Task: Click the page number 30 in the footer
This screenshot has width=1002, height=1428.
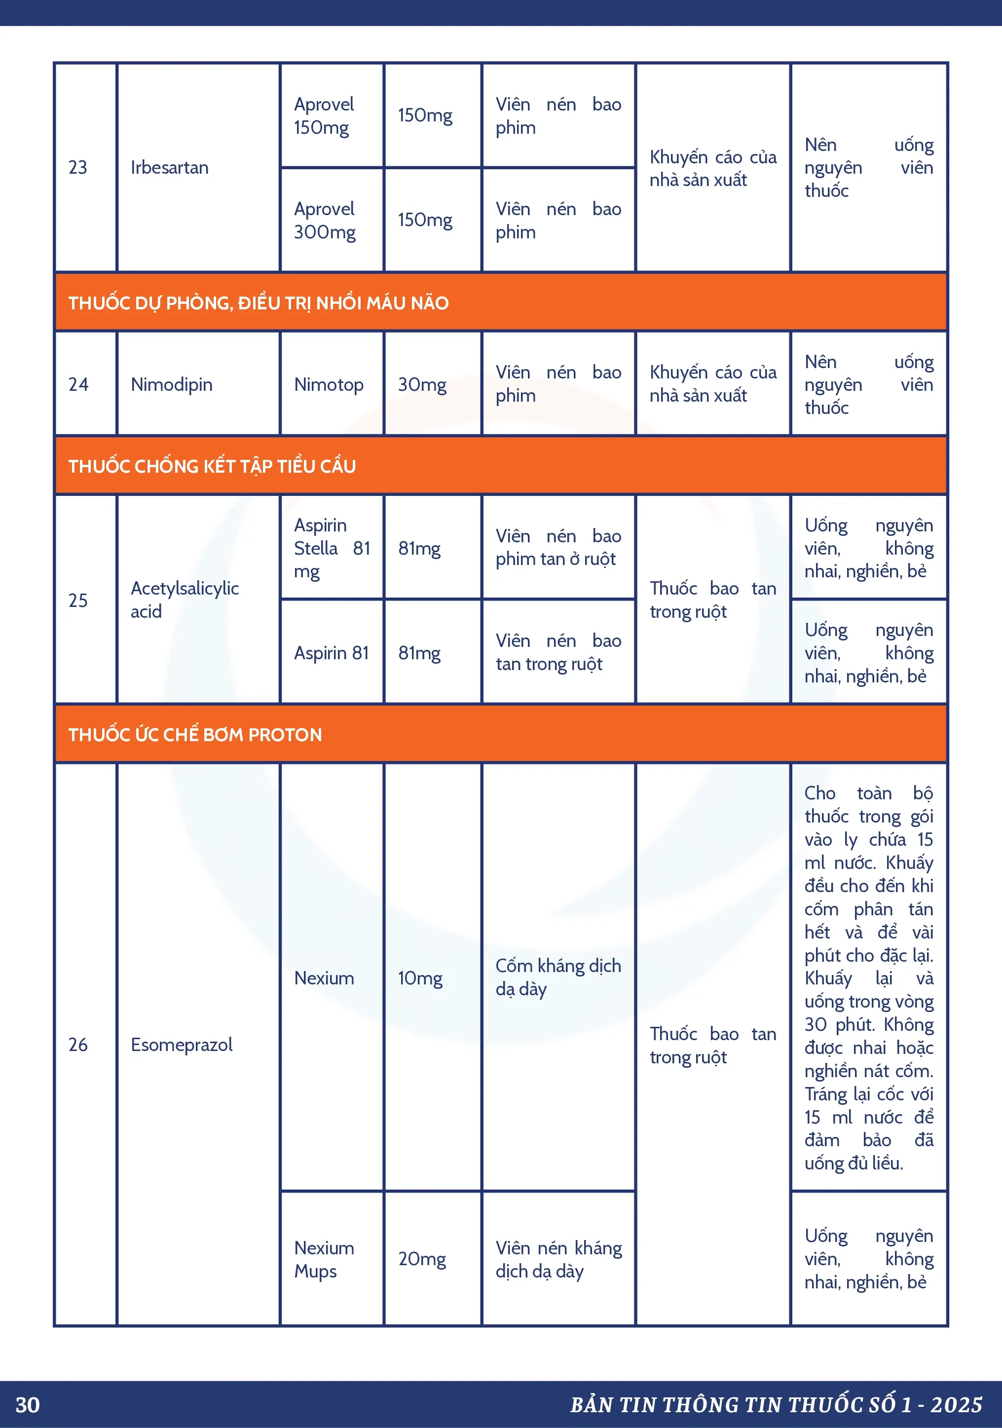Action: pos(27,1405)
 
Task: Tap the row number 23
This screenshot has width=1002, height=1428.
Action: pos(78,167)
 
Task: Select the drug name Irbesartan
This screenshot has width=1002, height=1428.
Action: pos(169,167)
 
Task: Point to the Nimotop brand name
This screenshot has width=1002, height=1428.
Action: pos(329,384)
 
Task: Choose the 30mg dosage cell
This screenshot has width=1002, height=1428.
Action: pos(422,384)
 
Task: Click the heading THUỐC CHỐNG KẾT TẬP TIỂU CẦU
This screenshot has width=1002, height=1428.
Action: pos(212,466)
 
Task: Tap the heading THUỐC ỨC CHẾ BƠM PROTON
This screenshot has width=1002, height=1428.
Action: pos(195,735)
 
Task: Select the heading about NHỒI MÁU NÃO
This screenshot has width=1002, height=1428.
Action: pos(258,303)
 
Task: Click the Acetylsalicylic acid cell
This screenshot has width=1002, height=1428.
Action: pos(184,600)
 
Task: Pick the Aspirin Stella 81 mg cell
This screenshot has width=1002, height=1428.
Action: pos(332,548)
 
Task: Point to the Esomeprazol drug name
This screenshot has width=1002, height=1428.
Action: pos(181,1044)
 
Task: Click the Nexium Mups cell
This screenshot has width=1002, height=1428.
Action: pos(324,1259)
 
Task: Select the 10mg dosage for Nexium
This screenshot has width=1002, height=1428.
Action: pos(420,977)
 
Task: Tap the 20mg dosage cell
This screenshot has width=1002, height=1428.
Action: pos(422,1259)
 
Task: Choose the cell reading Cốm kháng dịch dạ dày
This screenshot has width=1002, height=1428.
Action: pos(558,977)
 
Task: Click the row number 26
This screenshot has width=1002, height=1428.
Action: pos(78,1044)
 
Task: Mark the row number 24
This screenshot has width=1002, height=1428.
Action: pos(78,384)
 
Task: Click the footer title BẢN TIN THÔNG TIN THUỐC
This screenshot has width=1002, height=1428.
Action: pos(776,1405)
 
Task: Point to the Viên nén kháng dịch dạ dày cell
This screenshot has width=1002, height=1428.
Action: pos(558,1259)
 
